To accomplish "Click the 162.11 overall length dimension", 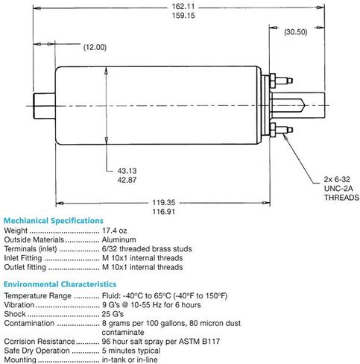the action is tap(183, 7).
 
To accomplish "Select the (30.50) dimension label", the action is tap(296, 32).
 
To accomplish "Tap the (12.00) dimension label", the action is tap(95, 47).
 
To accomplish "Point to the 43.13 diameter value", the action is tap(127, 171).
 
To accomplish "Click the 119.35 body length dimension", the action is tap(164, 202).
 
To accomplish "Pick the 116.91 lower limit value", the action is tap(164, 212).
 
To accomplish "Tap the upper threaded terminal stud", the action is tap(284, 81).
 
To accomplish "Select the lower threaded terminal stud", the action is tap(284, 130).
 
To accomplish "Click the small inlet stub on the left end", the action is tap(44, 106).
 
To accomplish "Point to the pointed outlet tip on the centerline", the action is tap(303, 105).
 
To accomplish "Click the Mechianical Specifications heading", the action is tap(54, 221).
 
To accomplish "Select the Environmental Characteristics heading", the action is tap(60, 284).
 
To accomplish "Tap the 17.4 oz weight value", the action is tap(115, 230).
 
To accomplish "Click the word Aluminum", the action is tap(119, 239).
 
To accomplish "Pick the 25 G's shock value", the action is tap(113, 314).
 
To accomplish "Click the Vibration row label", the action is tap(19, 305).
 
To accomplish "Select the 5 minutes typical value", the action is tap(131, 351).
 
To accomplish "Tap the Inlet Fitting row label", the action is tap(23, 258).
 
